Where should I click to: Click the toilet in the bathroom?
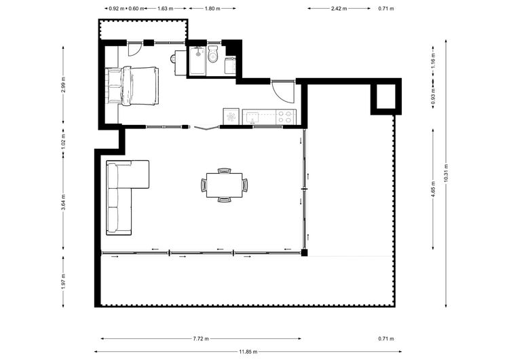[213, 54]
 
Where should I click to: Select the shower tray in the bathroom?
[197, 61]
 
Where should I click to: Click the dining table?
[224, 185]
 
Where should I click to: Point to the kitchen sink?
[252, 117]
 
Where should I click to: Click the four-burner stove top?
[284, 117]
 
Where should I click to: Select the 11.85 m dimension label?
[248, 352]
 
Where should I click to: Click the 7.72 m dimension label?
[201, 338]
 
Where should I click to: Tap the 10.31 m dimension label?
[446, 173]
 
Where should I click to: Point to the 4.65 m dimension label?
[433, 189]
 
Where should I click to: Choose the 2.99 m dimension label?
[63, 84]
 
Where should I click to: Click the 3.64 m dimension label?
[63, 202]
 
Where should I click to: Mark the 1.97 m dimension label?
[63, 281]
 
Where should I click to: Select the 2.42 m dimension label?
[339, 8]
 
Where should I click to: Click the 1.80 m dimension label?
[212, 8]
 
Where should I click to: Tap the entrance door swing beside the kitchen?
[283, 92]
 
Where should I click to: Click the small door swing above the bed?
[134, 50]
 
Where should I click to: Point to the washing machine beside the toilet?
[230, 65]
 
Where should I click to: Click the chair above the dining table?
[225, 170]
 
